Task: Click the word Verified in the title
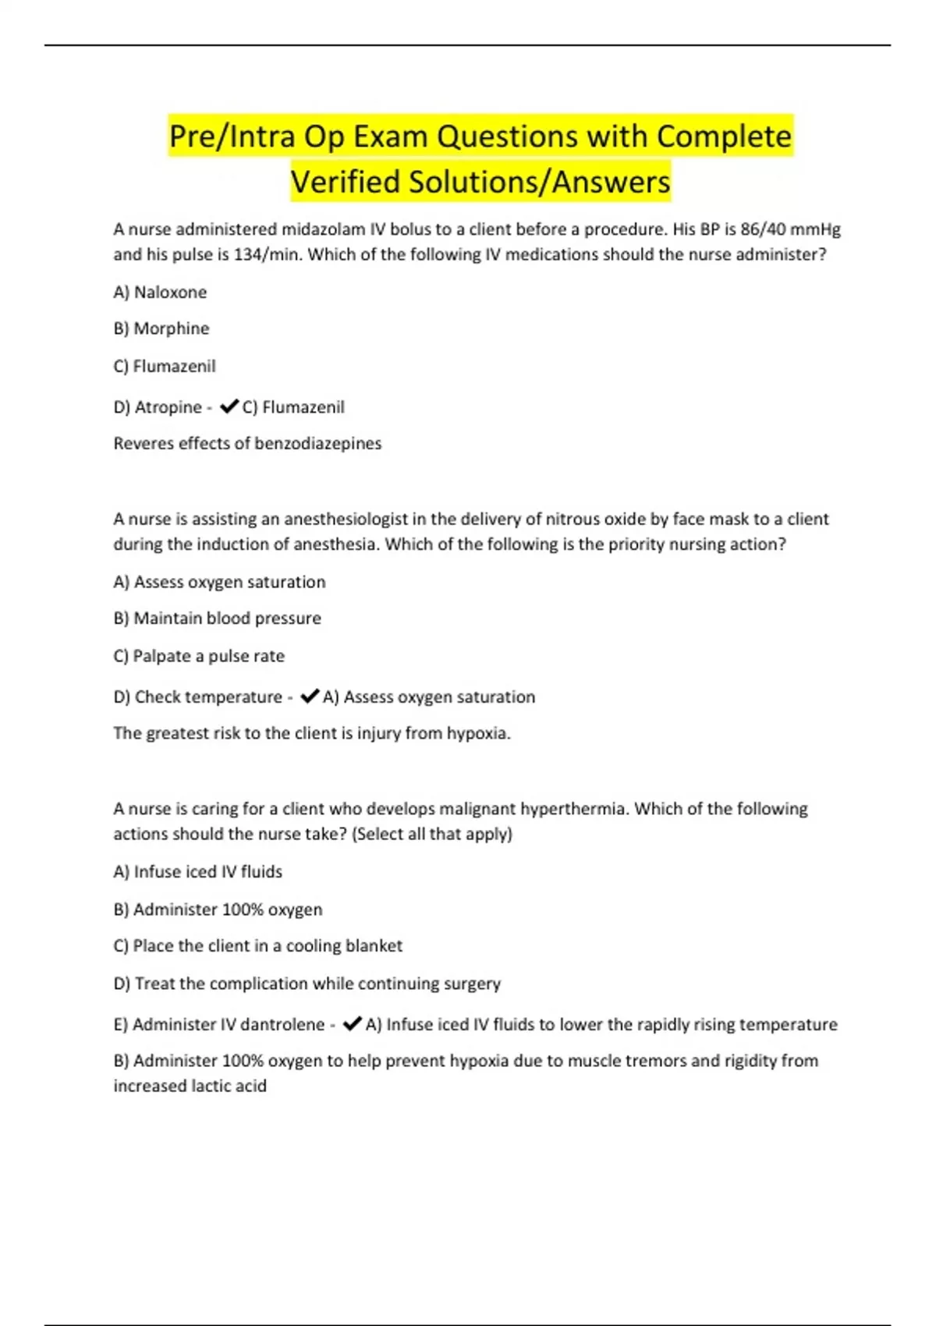click(x=346, y=183)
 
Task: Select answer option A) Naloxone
click(x=160, y=292)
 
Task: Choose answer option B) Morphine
click(x=161, y=328)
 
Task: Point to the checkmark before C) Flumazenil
click(x=229, y=406)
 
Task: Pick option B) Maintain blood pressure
click(x=217, y=619)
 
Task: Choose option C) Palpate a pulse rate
click(x=199, y=656)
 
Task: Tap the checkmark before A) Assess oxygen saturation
click(x=310, y=696)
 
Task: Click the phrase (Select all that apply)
click(x=432, y=834)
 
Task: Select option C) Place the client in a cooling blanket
click(x=257, y=946)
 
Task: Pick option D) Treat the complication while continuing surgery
click(x=307, y=984)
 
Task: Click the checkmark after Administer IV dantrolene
click(x=352, y=1023)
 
